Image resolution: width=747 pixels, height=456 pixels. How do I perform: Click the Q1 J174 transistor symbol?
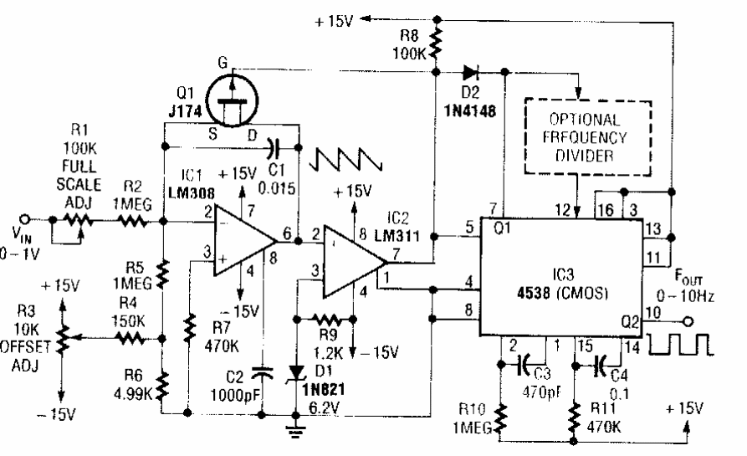pos(235,94)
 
